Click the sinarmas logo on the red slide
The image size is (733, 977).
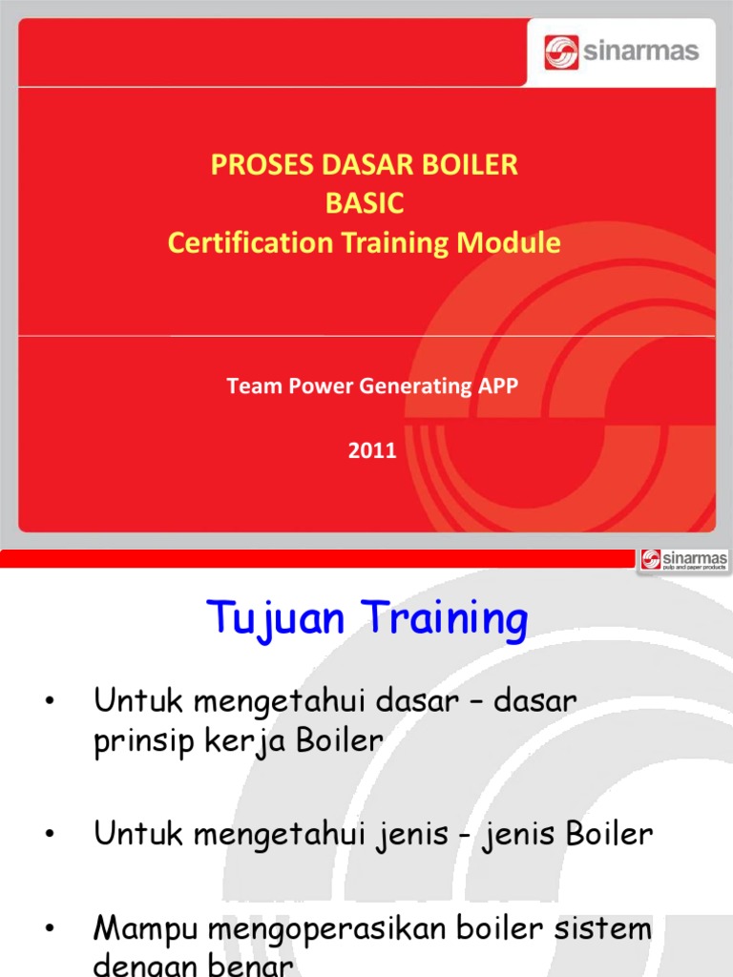click(x=621, y=52)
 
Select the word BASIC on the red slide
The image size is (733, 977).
click(x=365, y=203)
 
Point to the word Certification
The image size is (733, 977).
click(x=247, y=243)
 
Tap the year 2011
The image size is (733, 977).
click(x=371, y=451)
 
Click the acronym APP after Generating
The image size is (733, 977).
click(x=496, y=386)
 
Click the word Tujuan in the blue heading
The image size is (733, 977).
click(x=276, y=621)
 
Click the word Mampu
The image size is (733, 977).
click(x=148, y=929)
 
